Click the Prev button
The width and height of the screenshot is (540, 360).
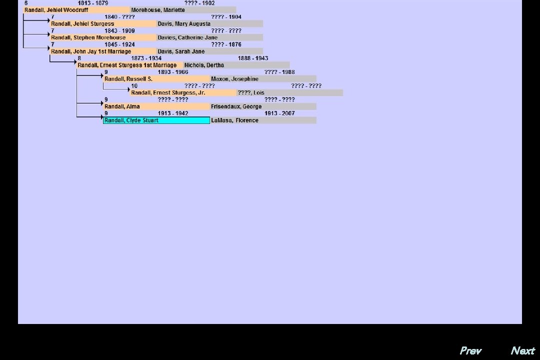(470, 350)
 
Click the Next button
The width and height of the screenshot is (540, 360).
(522, 350)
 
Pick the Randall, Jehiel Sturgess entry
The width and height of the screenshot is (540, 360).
(82, 23)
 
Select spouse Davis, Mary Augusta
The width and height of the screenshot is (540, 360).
(184, 23)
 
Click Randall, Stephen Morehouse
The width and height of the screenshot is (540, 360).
(88, 37)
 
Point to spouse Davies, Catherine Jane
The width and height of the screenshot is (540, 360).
(187, 37)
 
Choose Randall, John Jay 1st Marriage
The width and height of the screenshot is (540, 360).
(91, 51)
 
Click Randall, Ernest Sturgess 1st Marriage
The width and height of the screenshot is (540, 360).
(127, 65)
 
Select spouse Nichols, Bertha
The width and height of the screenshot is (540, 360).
(204, 65)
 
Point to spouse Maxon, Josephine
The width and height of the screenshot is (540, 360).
(234, 79)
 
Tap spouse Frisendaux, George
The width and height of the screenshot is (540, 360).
(236, 106)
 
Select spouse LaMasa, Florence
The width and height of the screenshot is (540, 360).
(234, 120)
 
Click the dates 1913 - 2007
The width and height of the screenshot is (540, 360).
(279, 113)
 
